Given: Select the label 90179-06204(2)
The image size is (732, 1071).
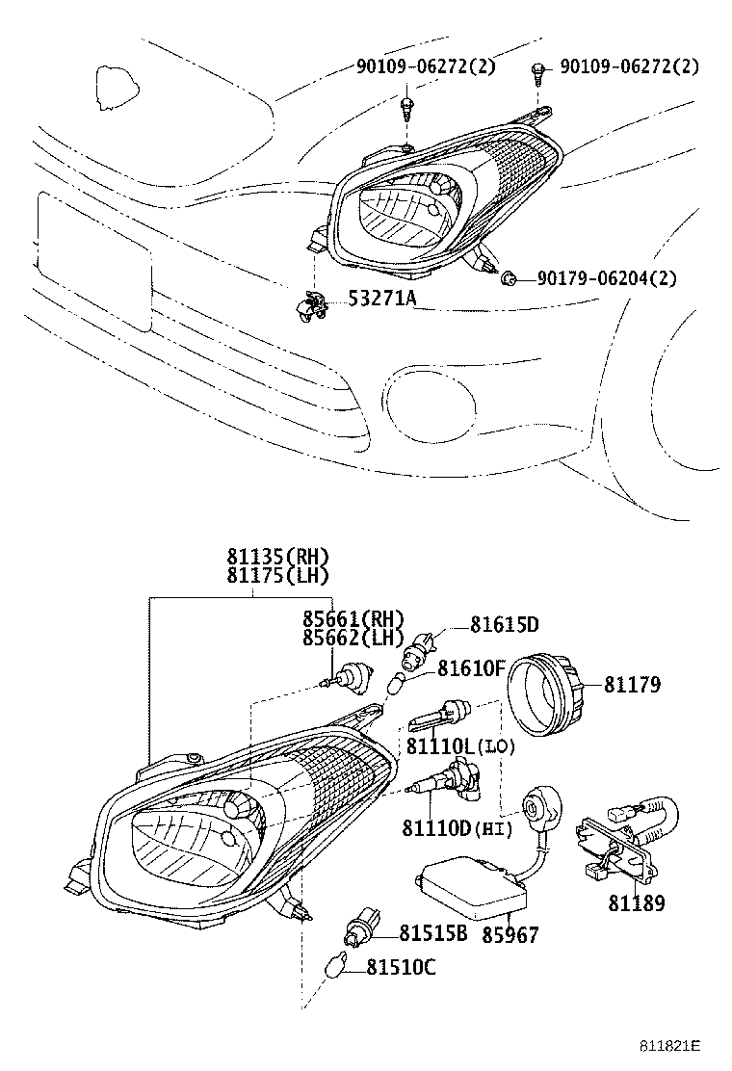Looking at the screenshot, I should tap(606, 278).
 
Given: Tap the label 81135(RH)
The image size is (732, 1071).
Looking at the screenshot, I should tap(278, 557).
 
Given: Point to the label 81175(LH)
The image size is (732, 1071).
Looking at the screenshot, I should tap(278, 576).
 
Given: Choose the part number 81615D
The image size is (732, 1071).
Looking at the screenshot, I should tap(504, 625).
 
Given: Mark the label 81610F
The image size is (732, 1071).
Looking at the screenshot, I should tap(471, 667).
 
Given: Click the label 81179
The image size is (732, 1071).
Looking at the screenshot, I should tap(632, 685).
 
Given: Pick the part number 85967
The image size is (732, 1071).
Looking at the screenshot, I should tap(510, 934).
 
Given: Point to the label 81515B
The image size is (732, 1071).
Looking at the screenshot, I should tap(433, 933).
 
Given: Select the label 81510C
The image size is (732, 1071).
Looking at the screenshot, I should tap(401, 967).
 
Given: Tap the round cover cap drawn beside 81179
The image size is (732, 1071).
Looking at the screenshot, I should tap(547, 685).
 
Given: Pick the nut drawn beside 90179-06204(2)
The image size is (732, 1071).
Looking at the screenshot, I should tap(509, 279).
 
